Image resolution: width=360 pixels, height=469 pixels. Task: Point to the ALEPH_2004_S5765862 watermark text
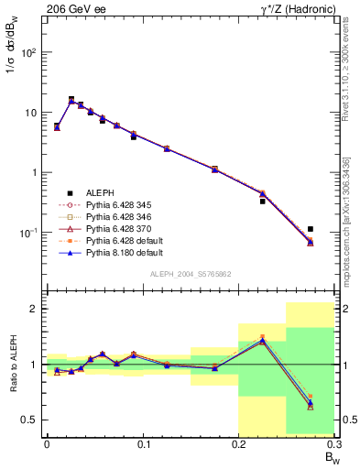click(x=190, y=274)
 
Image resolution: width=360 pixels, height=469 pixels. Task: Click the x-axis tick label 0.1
click(x=142, y=444)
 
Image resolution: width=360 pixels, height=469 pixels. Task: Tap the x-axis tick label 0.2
click(x=238, y=444)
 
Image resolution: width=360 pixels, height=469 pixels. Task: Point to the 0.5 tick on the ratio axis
click(x=30, y=420)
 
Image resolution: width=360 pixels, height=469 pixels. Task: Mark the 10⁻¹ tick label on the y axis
click(x=27, y=233)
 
